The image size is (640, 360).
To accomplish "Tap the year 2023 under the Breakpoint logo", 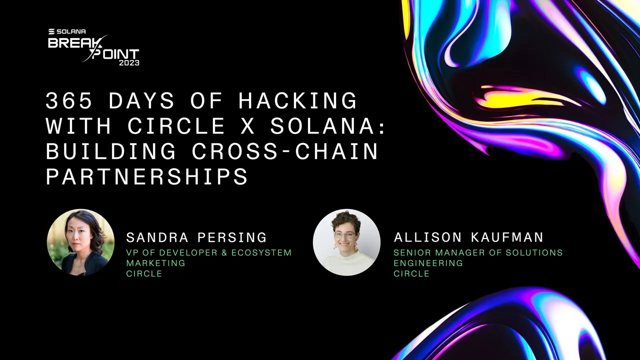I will pyautogui.click(x=129, y=63).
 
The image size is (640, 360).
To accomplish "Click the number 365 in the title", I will pyautogui.click(x=62, y=101).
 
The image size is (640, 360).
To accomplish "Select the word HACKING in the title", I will pyautogui.click(x=298, y=101).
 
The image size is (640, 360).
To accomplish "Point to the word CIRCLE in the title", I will pyautogui.click(x=176, y=126).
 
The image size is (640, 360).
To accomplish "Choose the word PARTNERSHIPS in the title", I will pyautogui.click(x=147, y=176).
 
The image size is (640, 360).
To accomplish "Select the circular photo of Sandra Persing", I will pyautogui.click(x=80, y=242).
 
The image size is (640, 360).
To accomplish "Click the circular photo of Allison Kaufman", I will pyautogui.click(x=346, y=242).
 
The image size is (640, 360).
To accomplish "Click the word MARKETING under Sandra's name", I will pyautogui.click(x=155, y=263).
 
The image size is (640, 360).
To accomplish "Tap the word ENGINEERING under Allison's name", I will pyautogui.click(x=428, y=263).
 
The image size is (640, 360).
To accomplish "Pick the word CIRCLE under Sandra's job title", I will pyautogui.click(x=144, y=273).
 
